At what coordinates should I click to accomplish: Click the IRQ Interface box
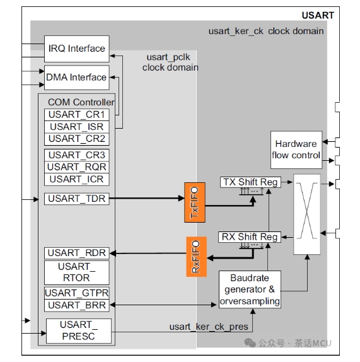pos(77,49)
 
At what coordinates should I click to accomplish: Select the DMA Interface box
pos(77,78)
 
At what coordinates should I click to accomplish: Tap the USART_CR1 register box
pos(77,115)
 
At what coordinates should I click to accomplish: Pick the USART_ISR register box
pos(77,127)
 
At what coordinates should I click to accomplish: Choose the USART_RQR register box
pos(77,167)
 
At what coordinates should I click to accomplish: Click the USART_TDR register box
pos(77,199)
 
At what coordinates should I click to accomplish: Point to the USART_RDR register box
pos(77,253)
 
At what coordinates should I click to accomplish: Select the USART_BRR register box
pos(77,305)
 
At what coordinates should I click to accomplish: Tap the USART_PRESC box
pos(79,331)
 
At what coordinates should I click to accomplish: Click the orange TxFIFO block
pos(195,202)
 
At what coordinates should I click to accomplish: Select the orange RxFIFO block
pos(196,257)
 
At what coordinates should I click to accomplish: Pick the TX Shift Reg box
pos(251,182)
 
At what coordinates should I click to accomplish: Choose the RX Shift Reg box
pos(250,237)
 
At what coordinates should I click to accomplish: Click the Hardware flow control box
pos(296,150)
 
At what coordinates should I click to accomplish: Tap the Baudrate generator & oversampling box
pos(250,289)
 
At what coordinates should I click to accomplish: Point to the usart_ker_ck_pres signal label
pos(209,327)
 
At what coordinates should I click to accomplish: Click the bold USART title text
pos(318,16)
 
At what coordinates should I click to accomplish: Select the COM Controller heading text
pos(81,102)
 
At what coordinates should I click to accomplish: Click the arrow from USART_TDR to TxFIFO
pos(147,198)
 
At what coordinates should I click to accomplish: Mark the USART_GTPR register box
pos(77,293)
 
